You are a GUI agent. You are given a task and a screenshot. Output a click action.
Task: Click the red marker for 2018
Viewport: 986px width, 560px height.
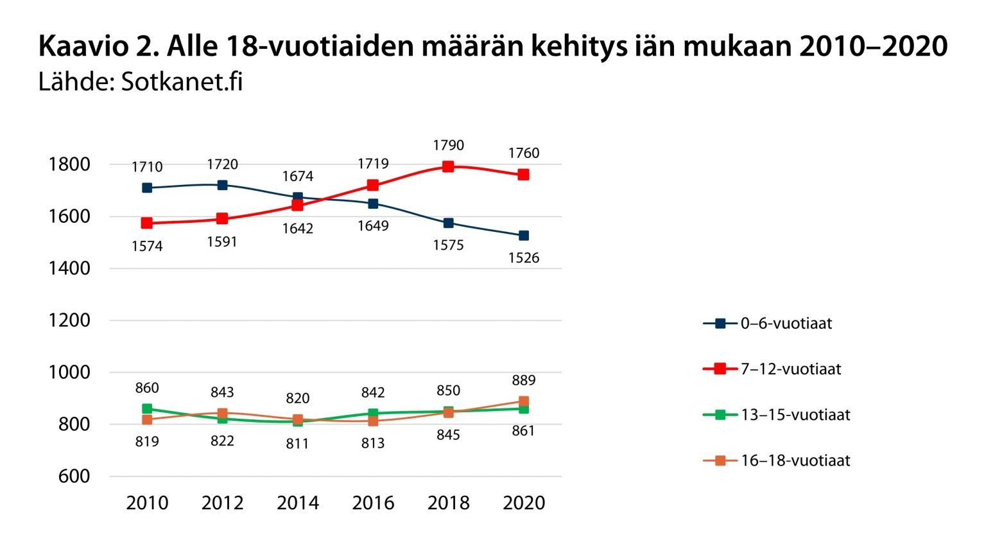coord(448,166)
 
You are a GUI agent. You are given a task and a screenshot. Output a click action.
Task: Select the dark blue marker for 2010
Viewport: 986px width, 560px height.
coord(147,188)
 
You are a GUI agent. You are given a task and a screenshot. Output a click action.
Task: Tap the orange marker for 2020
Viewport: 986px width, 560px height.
coord(523,401)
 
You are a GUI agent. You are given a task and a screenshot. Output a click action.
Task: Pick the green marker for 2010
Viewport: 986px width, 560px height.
coord(147,408)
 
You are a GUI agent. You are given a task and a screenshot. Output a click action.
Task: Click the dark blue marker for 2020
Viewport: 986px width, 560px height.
coord(523,236)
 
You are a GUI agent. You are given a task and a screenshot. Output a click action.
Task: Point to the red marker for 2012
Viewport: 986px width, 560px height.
coord(222,218)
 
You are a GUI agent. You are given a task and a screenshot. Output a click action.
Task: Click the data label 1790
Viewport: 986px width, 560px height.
coord(448,145)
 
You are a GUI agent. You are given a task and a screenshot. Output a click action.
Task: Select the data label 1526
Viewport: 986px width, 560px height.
coord(523,258)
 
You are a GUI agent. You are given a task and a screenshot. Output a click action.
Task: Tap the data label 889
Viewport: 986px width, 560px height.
coord(523,380)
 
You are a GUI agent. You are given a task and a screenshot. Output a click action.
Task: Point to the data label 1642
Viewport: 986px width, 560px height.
coord(298,229)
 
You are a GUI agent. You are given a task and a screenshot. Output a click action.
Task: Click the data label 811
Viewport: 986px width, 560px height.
coord(298,444)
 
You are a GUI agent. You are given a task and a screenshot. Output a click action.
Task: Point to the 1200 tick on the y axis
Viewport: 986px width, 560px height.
coord(69,320)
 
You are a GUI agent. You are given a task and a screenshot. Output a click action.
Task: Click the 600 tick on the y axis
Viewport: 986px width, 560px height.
coord(74,477)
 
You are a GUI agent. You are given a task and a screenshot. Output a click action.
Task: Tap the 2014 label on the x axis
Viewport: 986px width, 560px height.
coord(298,503)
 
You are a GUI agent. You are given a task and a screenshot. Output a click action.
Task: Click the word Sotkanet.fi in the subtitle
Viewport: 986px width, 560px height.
coord(182,82)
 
